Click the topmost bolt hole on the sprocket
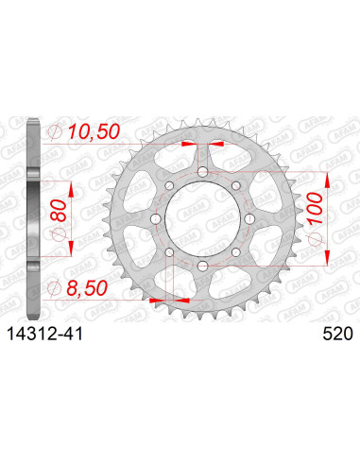click(x=202, y=171)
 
